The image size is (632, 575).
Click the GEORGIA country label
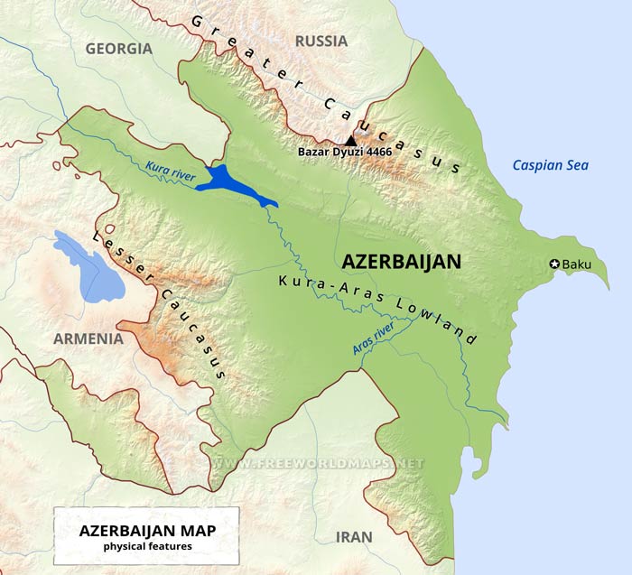coord(118,49)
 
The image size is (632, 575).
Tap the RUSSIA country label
coord(321,41)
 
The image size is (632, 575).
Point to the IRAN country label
coord(353,536)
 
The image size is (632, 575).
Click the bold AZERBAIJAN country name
coord(402,262)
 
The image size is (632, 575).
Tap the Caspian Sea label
coord(550,164)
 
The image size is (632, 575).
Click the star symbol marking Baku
coord(553,264)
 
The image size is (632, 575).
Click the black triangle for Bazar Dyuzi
coord(351,140)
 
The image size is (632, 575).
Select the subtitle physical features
coord(147,546)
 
